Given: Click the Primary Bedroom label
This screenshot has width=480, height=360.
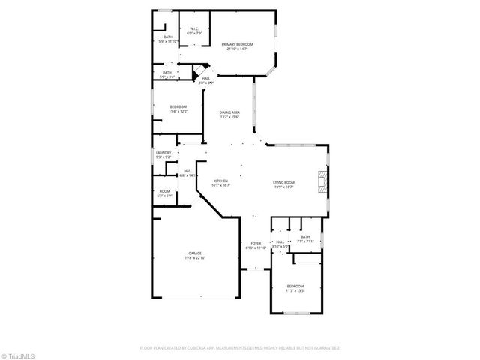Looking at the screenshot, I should tap(237, 44).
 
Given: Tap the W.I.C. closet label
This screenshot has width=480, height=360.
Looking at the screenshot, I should tap(193, 29).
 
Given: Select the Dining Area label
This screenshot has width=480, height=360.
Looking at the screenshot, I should tap(229, 112).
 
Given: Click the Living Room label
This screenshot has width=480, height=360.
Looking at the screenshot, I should tap(283, 181).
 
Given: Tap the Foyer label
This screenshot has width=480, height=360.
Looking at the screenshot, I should tap(256, 243).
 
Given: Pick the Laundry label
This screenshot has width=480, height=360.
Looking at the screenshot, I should tap(163, 153).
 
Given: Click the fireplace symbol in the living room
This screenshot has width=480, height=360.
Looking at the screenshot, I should tap(321, 181).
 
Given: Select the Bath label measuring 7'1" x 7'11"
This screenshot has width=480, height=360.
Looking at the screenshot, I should tap(305, 236).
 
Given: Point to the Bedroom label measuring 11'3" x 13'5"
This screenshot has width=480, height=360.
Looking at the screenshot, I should tap(295, 285).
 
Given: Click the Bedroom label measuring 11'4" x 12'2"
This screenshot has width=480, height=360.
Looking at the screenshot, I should tap(178, 107).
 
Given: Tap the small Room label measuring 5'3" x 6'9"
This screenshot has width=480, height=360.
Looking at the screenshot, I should tap(164, 191).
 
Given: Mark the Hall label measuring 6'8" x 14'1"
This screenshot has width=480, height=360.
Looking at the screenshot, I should tap(187, 171).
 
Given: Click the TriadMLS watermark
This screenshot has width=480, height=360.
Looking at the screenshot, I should tap(17, 354).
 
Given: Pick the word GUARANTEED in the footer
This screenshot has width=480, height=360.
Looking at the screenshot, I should tap(328, 348).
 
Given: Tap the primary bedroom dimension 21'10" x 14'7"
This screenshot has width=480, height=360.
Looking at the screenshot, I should tap(237, 49).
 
